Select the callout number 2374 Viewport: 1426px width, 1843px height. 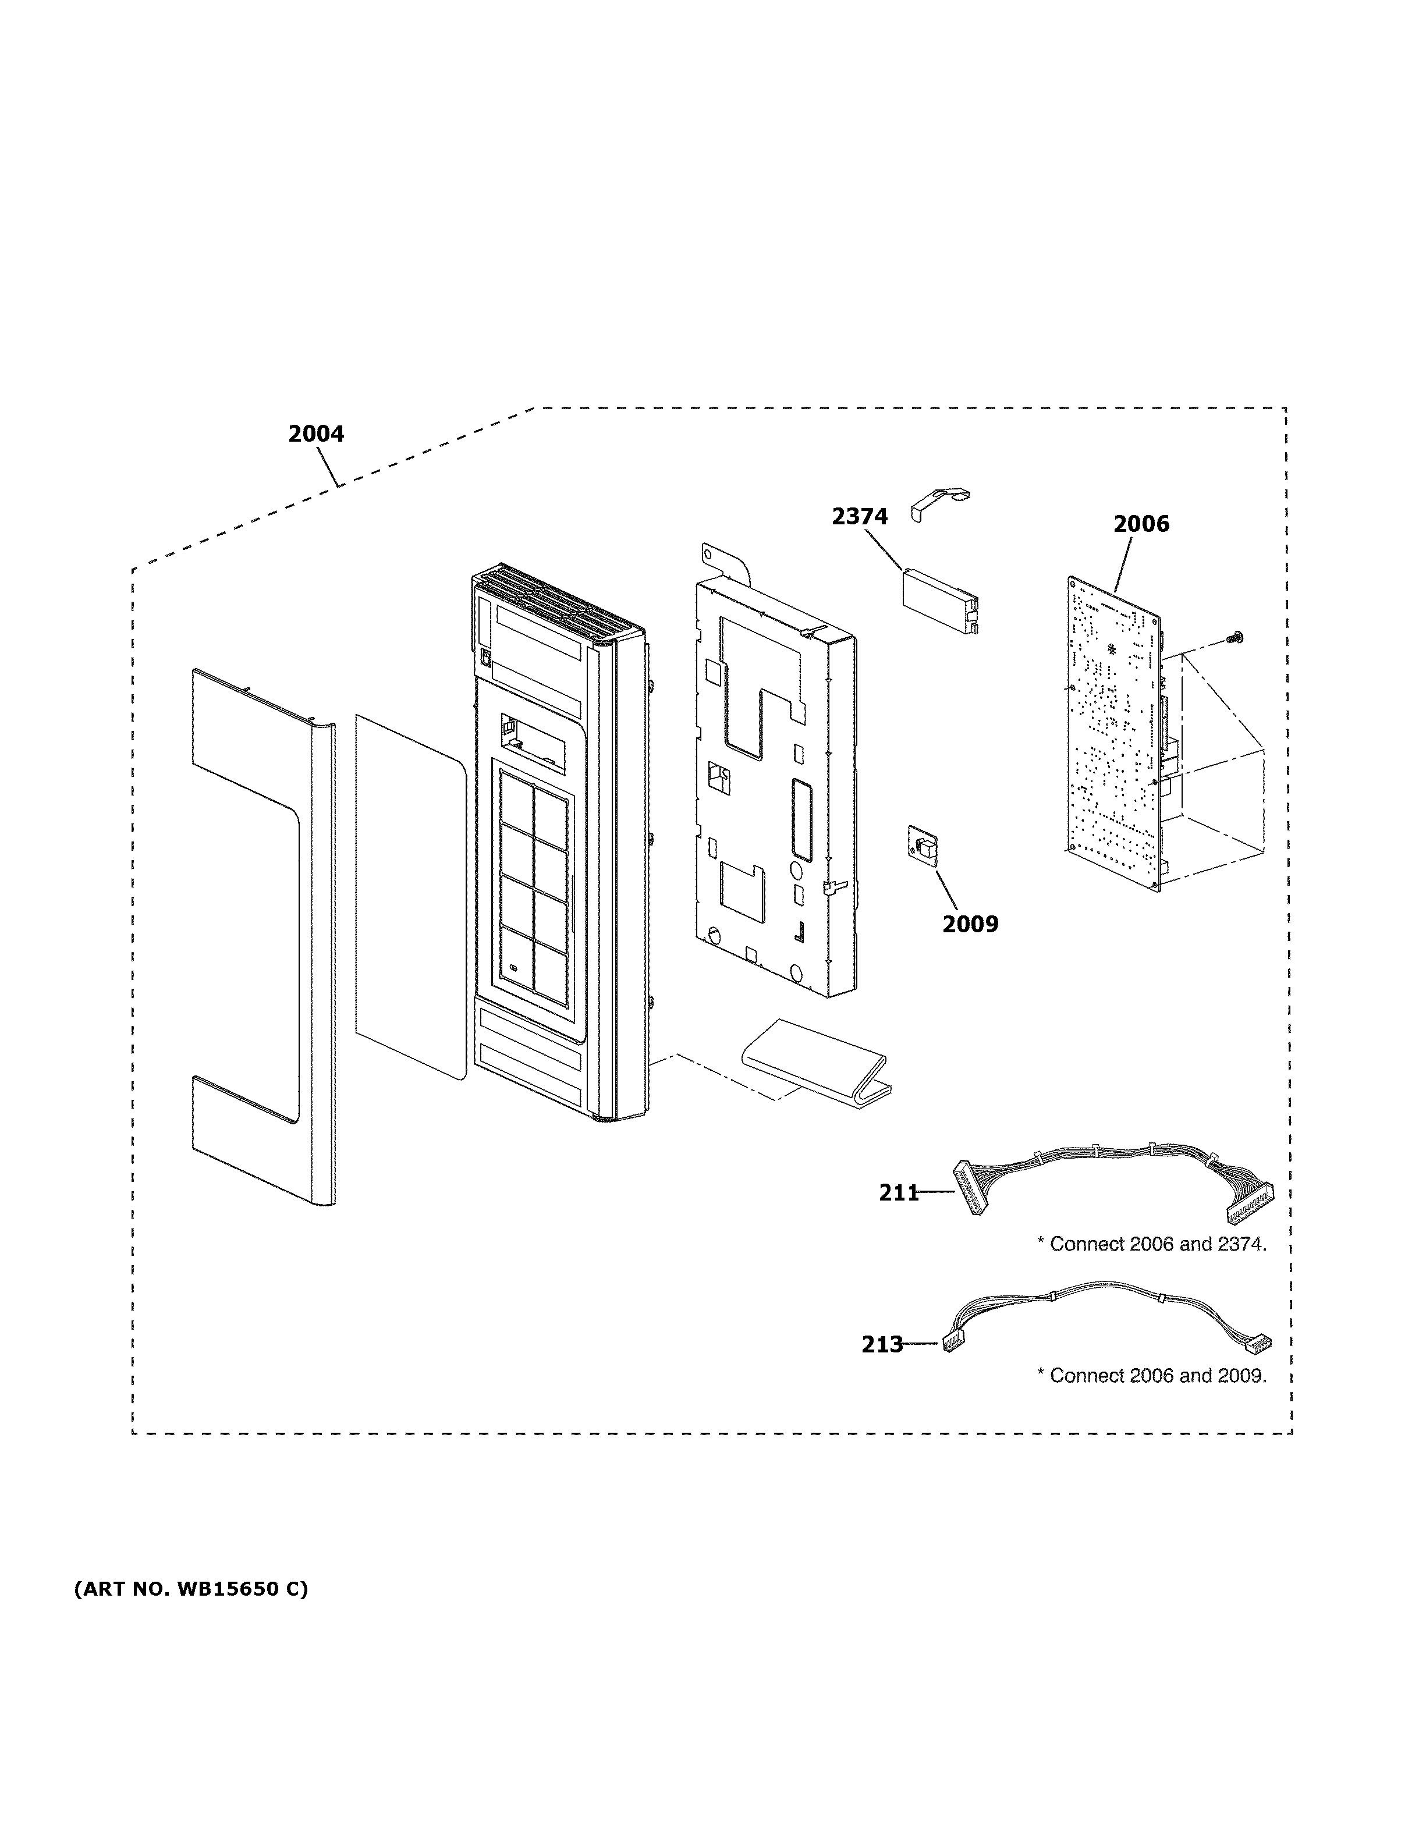click(x=859, y=516)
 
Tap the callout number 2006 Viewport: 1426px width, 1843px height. click(x=1141, y=524)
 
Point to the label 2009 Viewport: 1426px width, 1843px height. click(x=970, y=925)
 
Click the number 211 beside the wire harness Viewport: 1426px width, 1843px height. click(x=898, y=1192)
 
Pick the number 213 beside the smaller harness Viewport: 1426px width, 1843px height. click(x=882, y=1344)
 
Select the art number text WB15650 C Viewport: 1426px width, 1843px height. click(x=191, y=1590)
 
